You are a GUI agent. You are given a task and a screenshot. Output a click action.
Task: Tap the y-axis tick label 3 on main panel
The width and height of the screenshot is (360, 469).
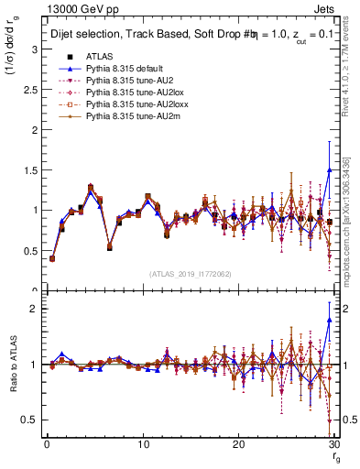(x=33, y=49)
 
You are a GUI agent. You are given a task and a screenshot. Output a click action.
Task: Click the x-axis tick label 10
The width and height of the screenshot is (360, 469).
(x=142, y=444)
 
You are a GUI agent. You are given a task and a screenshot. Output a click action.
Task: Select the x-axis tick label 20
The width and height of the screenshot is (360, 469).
(x=238, y=444)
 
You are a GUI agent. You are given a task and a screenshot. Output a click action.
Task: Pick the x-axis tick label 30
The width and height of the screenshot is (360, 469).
(x=333, y=444)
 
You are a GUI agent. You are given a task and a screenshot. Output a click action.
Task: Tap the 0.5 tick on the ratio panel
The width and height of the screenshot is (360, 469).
(x=29, y=420)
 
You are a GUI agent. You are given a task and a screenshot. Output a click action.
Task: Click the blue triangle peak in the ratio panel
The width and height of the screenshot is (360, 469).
(x=329, y=320)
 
